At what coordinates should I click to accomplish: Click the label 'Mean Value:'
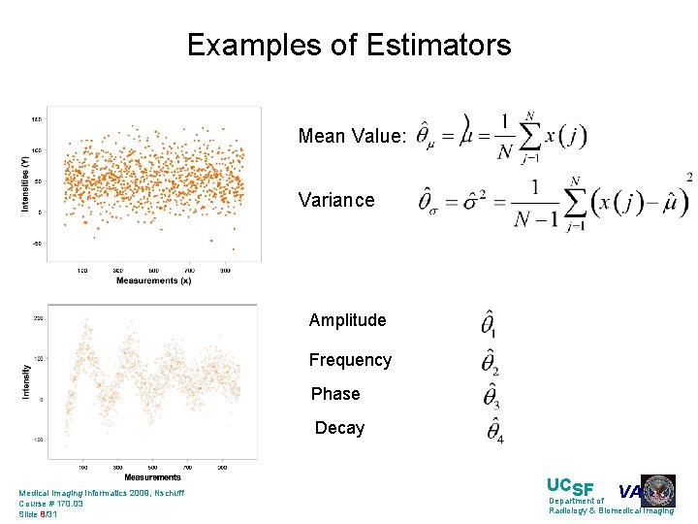tap(352, 137)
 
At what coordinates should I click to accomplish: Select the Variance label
tap(335, 201)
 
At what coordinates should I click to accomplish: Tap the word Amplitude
tap(347, 320)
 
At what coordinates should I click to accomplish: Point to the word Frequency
tap(350, 360)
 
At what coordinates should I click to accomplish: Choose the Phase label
tap(335, 394)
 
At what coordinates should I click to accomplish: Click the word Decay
tap(339, 428)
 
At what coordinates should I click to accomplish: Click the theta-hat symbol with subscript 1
tap(490, 324)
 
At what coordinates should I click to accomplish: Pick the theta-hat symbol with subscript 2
tap(491, 361)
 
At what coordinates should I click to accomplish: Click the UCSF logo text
tap(570, 487)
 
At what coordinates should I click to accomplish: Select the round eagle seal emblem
tap(658, 491)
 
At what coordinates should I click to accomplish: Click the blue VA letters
tap(629, 492)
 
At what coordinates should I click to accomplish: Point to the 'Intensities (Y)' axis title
tap(24, 184)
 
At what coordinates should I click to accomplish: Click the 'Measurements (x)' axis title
tap(153, 280)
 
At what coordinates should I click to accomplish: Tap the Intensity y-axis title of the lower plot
tap(26, 380)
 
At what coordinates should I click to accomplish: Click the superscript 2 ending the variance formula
tap(688, 177)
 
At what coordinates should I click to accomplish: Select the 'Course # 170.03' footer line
tap(51, 504)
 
